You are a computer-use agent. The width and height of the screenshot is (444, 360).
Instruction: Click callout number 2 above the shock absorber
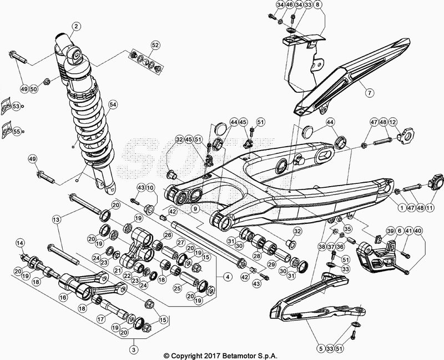point(75,26)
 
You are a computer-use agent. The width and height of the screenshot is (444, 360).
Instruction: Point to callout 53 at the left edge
point(16,106)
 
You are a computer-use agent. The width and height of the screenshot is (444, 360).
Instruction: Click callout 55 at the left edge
point(16,131)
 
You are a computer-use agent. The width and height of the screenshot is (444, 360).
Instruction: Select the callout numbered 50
point(33,89)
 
